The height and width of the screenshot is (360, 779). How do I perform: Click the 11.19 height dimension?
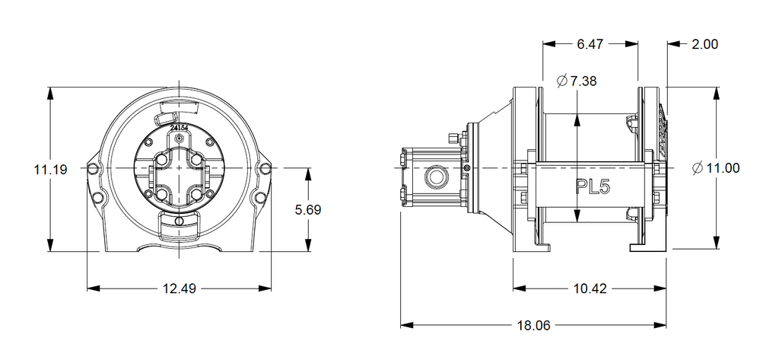tap(50, 169)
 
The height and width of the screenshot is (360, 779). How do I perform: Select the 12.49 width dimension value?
tap(179, 288)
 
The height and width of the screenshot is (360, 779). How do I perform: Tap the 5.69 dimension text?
tap(307, 209)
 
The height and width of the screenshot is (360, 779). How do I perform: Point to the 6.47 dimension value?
tap(590, 44)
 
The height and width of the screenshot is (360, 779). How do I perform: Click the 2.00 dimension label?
tap(704, 44)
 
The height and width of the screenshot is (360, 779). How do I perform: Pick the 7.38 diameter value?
tap(583, 81)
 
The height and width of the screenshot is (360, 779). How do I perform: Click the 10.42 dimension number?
tap(590, 288)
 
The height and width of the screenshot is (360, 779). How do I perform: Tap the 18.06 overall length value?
tap(533, 326)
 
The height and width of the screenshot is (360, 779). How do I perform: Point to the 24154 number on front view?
tap(180, 129)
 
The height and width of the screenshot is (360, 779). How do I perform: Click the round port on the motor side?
tap(437, 176)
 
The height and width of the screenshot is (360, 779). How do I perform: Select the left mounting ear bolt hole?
tap(93, 167)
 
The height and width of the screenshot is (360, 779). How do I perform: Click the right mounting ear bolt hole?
tap(265, 167)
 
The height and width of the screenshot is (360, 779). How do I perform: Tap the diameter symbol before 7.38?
tap(561, 81)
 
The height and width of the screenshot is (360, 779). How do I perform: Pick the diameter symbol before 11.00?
tap(698, 169)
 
